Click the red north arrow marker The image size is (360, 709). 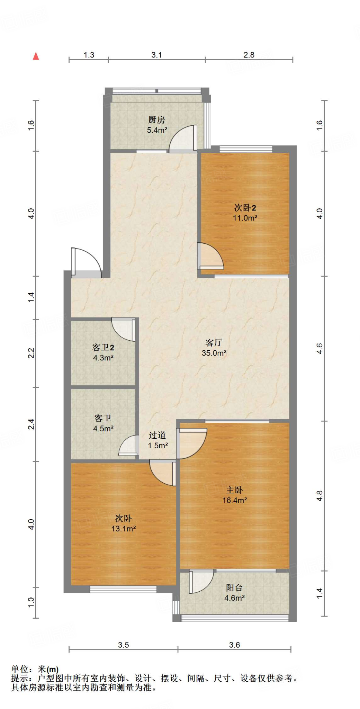tap(36, 56)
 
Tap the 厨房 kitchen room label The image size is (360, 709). tap(156, 120)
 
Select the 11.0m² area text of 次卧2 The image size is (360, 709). tap(245, 218)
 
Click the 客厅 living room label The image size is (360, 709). tap(214, 343)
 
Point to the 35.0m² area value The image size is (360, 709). tap(214, 353)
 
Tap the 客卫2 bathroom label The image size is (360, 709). tap(103, 348)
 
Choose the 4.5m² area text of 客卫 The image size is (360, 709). tap(103, 429)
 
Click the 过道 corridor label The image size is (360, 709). tap(157, 435)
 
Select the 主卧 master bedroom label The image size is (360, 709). tap(234, 490)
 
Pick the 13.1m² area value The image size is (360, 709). tap(123, 529)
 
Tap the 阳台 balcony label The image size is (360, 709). tap(234, 587)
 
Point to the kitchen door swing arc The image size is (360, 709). tap(183, 138)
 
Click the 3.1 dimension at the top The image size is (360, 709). tap(156, 55)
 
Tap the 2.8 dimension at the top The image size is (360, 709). tap(249, 55)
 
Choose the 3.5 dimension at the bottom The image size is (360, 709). tap(123, 645)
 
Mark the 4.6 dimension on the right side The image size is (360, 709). tap(319, 348)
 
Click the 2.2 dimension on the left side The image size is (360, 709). tap(31, 353)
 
